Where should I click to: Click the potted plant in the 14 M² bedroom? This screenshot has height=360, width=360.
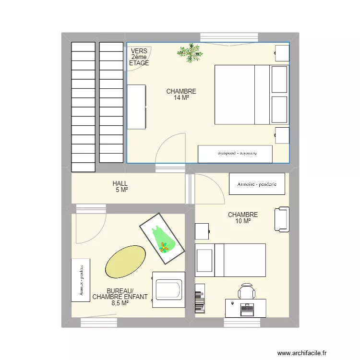tap(190, 52)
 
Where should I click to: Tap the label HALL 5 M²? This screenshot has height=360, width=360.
tap(120, 187)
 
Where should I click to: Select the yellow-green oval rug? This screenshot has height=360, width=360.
tap(125, 262)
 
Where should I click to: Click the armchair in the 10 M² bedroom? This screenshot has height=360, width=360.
tap(282, 219)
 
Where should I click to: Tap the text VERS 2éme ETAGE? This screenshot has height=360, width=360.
tap(139, 57)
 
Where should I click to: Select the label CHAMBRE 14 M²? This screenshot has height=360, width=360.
tap(181, 95)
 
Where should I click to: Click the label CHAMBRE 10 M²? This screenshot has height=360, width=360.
tap(243, 218)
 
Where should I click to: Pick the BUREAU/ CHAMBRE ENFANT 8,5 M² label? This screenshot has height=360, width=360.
tap(120, 297)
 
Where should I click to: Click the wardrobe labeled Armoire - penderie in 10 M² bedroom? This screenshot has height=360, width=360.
tap(257, 184)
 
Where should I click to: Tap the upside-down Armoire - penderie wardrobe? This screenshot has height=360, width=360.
tap(235, 154)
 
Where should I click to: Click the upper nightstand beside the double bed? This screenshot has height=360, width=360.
tap(282, 53)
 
